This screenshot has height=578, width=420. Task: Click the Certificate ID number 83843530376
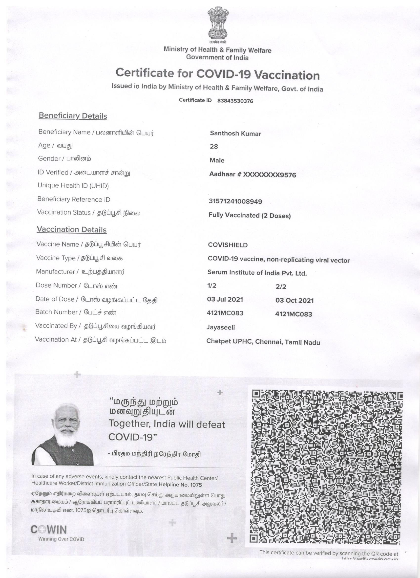tap(235, 101)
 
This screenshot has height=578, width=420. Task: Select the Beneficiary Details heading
tap(73, 116)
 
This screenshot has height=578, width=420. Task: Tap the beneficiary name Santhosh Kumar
tap(235, 133)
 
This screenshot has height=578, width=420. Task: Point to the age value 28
tap(214, 147)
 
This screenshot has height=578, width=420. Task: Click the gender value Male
tap(217, 160)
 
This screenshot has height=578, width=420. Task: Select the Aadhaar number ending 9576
tap(252, 175)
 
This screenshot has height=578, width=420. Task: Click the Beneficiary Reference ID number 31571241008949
tap(235, 201)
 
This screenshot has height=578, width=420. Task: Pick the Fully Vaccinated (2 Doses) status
tap(249, 216)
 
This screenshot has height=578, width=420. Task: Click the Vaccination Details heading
tap(72, 230)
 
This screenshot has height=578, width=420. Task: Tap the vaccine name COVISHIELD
tap(228, 245)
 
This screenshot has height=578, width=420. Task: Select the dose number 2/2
tap(281, 287)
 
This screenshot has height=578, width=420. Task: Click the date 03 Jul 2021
tap(225, 299)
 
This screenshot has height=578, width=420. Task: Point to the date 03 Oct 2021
tap(294, 300)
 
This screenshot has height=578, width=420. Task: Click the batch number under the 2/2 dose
tap(294, 314)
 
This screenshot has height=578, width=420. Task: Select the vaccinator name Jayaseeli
tap(221, 328)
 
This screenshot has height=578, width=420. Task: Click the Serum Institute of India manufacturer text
tap(257, 273)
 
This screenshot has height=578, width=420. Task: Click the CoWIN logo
tap(49, 530)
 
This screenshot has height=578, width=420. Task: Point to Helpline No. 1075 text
tap(180, 485)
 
